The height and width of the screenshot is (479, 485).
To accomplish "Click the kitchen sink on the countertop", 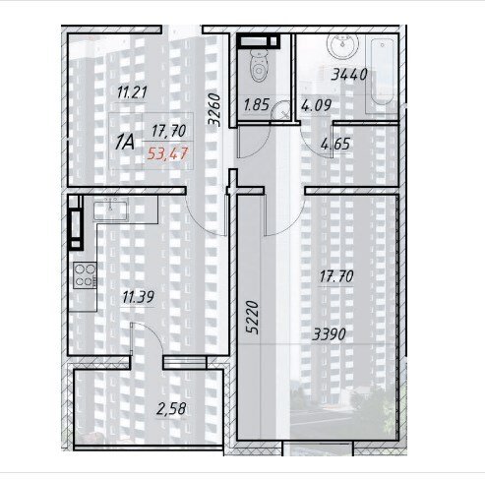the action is point(110,210).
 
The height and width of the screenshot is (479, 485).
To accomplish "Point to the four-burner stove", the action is point(85,275).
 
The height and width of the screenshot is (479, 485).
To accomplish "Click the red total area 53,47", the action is point(167,153).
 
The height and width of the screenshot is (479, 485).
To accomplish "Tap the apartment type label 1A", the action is point(125,143).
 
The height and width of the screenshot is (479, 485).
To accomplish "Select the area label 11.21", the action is point(132,92).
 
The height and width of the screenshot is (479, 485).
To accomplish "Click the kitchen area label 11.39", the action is point(138,297).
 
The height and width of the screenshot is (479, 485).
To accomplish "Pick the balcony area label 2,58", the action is point(171,409).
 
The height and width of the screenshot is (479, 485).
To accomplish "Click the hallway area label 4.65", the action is point(335,145).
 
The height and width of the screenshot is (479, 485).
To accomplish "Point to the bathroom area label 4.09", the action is point(316,106).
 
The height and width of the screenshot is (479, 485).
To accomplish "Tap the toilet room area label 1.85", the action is point(257,105).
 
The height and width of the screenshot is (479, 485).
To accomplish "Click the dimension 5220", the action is point(253,318).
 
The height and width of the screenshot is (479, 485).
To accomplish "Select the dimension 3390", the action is point(329,334).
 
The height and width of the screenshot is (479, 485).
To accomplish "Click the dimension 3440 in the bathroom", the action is point(349,75).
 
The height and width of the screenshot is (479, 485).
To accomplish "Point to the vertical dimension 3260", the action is point(213,110).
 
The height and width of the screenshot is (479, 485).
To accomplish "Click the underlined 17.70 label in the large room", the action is point(336,277).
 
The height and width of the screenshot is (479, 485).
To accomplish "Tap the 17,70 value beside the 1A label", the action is point(168,131).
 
